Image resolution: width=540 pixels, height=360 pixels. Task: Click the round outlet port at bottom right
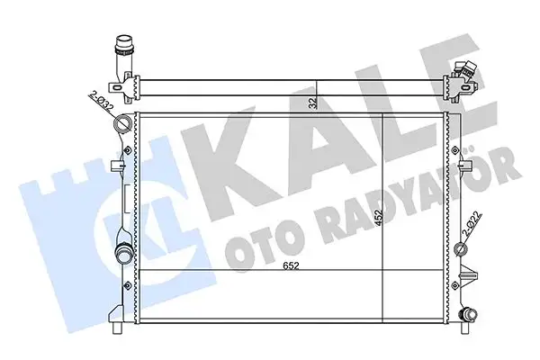(x=467, y=315)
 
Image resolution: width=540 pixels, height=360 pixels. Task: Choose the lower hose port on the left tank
(x=123, y=253)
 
